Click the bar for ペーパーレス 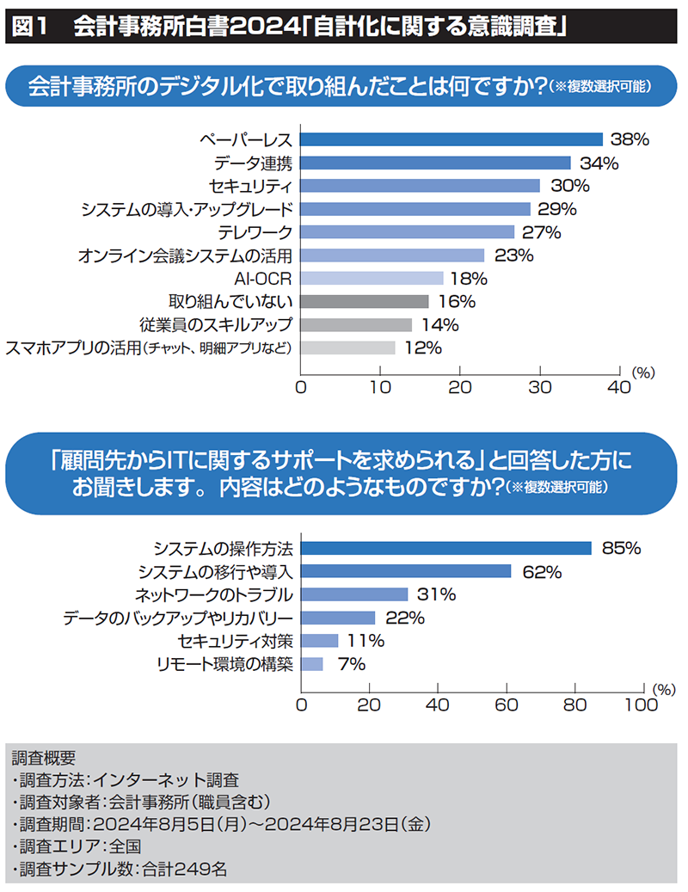coord(451,139)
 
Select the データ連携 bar coord(435,163)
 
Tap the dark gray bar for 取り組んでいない coord(365,301)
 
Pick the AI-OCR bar coord(372,278)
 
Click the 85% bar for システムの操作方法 coord(446,548)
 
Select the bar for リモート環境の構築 coord(312,664)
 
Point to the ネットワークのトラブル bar coord(354,594)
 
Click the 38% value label coord(629,139)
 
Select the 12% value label coord(422,348)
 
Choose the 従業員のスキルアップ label coord(216,325)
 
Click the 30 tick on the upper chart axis coord(540,387)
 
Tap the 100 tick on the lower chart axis coord(640,704)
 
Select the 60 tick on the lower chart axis coord(507,704)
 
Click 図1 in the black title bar coord(31,26)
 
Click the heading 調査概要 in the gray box coord(44,758)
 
